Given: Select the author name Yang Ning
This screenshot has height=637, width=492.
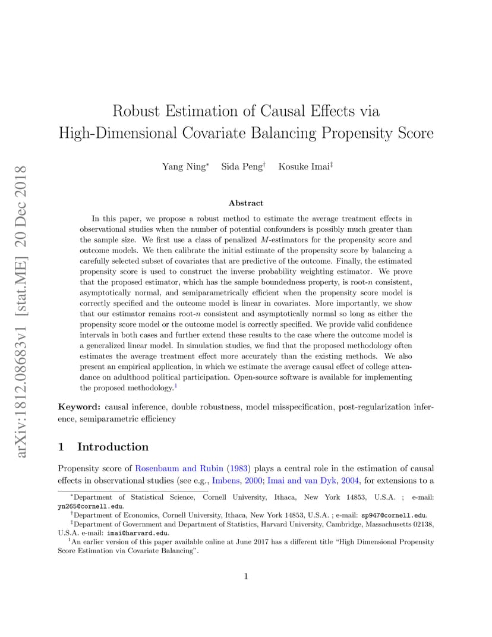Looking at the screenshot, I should (184, 167).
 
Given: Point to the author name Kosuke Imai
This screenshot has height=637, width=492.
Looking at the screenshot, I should (304, 167).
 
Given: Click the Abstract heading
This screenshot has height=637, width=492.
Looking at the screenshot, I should (245, 203).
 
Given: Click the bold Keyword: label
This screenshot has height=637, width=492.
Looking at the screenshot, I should (79, 407).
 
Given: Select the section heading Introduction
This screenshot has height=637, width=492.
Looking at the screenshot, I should (113, 447).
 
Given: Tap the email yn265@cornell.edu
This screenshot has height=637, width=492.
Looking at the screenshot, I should (90, 506).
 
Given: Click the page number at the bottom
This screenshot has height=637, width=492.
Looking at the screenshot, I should (245, 576).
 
